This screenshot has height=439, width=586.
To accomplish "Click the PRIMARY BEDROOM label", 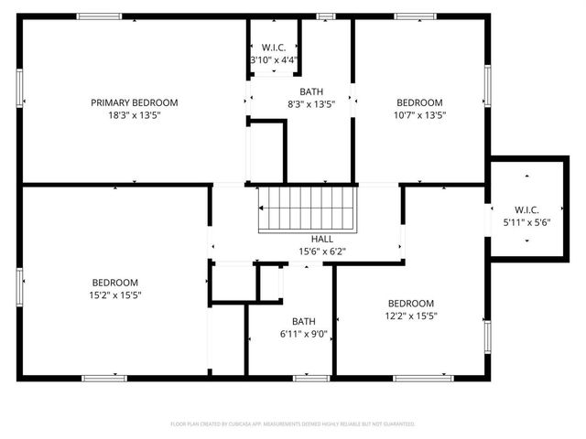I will click(x=134, y=102).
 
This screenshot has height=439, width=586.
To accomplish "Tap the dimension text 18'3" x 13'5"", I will click(x=134, y=115).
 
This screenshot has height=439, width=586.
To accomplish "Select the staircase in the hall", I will click(x=307, y=209).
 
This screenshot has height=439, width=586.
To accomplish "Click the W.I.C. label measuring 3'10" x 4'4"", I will click(x=275, y=48).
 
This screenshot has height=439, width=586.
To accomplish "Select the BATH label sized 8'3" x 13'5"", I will click(x=311, y=91).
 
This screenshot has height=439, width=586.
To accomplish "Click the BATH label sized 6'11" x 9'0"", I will click(x=303, y=321).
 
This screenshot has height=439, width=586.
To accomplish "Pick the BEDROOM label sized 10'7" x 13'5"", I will click(x=419, y=102).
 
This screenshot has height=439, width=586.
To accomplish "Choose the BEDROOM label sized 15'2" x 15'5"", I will click(x=115, y=282).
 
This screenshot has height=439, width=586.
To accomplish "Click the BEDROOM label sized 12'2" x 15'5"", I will click(x=410, y=303).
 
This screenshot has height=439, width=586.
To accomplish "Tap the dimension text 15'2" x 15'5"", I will click(x=115, y=294).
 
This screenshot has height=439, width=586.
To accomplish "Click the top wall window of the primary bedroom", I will click(x=99, y=16).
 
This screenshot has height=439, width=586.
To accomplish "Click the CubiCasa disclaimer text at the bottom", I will click(x=293, y=423).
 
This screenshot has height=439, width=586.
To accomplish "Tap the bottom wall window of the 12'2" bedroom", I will click(x=422, y=378).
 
